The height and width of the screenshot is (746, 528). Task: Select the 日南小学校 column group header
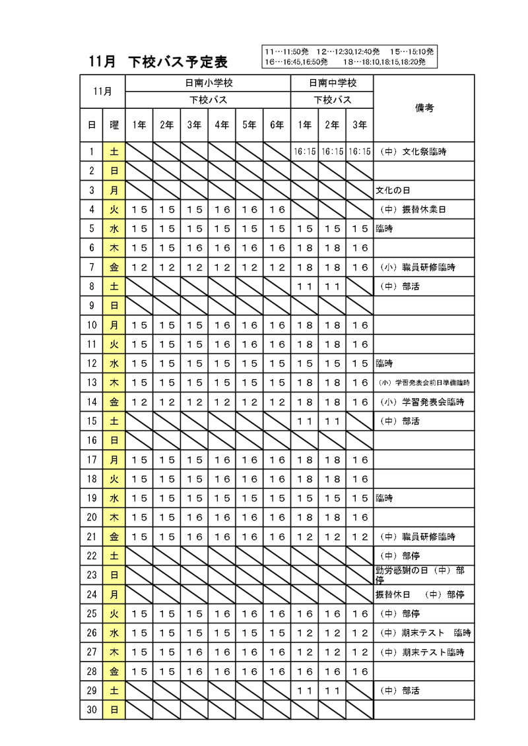point(208,84)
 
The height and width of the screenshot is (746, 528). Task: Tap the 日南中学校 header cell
point(332,84)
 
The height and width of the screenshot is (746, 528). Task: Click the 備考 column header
point(424,108)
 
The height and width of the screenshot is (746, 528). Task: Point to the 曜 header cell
point(114,124)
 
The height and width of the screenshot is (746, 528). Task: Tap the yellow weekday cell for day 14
point(114,402)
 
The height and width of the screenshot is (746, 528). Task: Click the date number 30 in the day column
point(92,710)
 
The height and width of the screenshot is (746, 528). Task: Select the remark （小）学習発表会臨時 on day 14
point(422,402)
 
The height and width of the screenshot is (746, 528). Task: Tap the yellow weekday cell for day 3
point(114,191)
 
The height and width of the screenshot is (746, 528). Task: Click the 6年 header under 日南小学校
point(277,124)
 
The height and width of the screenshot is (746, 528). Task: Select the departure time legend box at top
point(349,57)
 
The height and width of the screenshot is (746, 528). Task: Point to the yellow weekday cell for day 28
point(114,671)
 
